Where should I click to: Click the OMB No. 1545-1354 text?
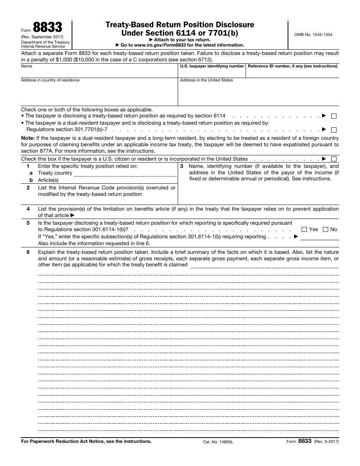point(313,34)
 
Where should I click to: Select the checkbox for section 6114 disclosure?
point(334,116)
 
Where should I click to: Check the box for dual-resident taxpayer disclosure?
point(334,130)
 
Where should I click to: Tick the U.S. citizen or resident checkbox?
point(334,159)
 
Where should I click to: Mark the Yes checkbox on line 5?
point(304,230)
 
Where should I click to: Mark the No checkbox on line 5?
point(325,230)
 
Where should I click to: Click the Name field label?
point(27,66)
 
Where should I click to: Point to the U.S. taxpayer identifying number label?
point(212,66)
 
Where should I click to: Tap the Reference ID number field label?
point(292,66)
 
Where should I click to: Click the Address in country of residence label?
point(50,80)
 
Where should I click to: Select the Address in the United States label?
point(206,80)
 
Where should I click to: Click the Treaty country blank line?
point(125,174)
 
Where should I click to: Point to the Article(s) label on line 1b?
point(48,180)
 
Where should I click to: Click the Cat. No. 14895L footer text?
point(218,442)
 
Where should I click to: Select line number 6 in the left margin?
point(28,252)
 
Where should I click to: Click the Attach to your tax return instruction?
point(180,40)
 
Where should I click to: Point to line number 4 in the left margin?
point(28,209)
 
